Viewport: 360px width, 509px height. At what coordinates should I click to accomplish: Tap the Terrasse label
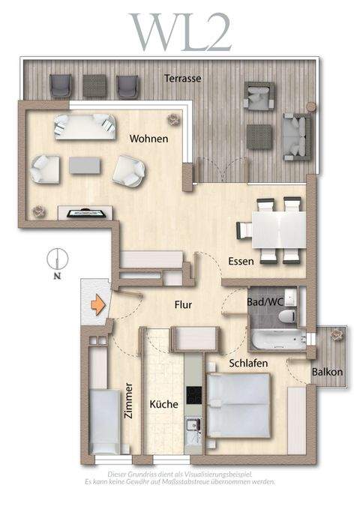[184, 77]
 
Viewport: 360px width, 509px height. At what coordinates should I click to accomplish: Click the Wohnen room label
[148, 139]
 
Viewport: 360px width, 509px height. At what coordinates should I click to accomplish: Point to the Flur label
[184, 305]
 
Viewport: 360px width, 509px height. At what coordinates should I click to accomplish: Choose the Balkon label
[327, 372]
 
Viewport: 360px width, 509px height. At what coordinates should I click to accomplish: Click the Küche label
[163, 404]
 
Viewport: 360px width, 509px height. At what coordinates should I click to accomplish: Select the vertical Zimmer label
[130, 400]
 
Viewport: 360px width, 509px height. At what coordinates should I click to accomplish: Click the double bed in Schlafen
[238, 405]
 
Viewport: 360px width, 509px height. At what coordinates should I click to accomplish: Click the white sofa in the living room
[84, 125]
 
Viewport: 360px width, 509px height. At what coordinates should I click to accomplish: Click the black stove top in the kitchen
[193, 394]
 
